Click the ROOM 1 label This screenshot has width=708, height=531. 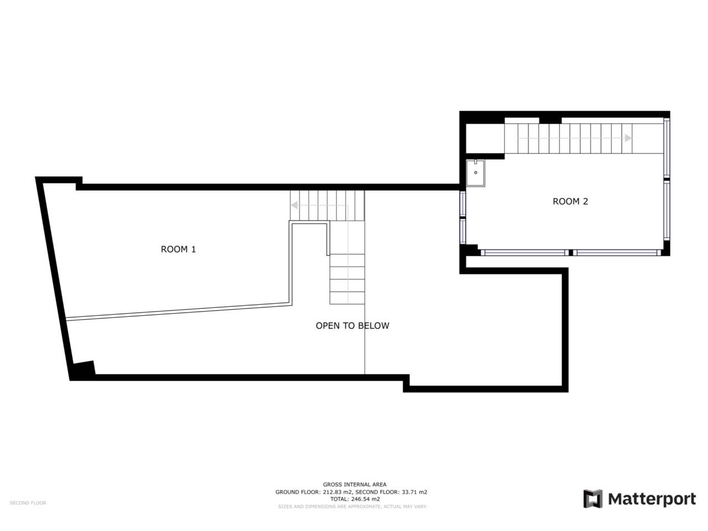(x=178, y=249)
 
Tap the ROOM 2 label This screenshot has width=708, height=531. (x=570, y=201)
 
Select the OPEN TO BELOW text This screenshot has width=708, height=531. (x=352, y=326)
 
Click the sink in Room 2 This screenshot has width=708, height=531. (x=475, y=173)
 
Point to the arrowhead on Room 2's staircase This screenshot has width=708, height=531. (x=628, y=138)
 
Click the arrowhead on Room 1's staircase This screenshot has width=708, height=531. (x=295, y=205)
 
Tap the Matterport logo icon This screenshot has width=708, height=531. (x=592, y=499)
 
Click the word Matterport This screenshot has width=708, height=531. (x=652, y=499)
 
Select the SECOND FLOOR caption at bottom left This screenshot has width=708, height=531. (x=28, y=503)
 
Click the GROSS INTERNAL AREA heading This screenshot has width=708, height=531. (x=355, y=485)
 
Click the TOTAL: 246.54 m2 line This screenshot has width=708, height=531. (x=355, y=499)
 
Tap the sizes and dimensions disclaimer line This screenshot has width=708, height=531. (x=352, y=506)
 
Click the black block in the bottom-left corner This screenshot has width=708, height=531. (x=83, y=369)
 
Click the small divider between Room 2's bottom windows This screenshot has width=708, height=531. (x=570, y=253)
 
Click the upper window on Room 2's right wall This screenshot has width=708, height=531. (x=667, y=148)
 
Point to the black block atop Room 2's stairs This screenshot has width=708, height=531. (x=550, y=119)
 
